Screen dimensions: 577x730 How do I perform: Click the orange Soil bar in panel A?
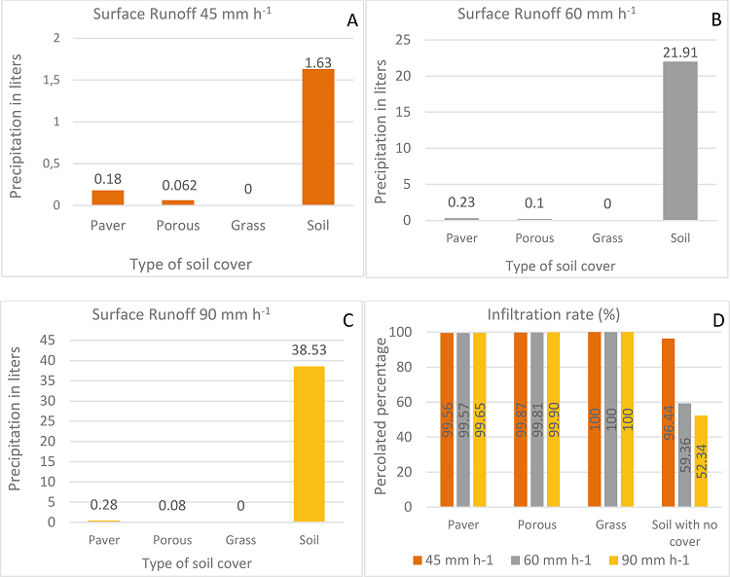click(318, 137)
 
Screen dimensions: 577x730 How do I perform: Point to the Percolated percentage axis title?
click(383, 418)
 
